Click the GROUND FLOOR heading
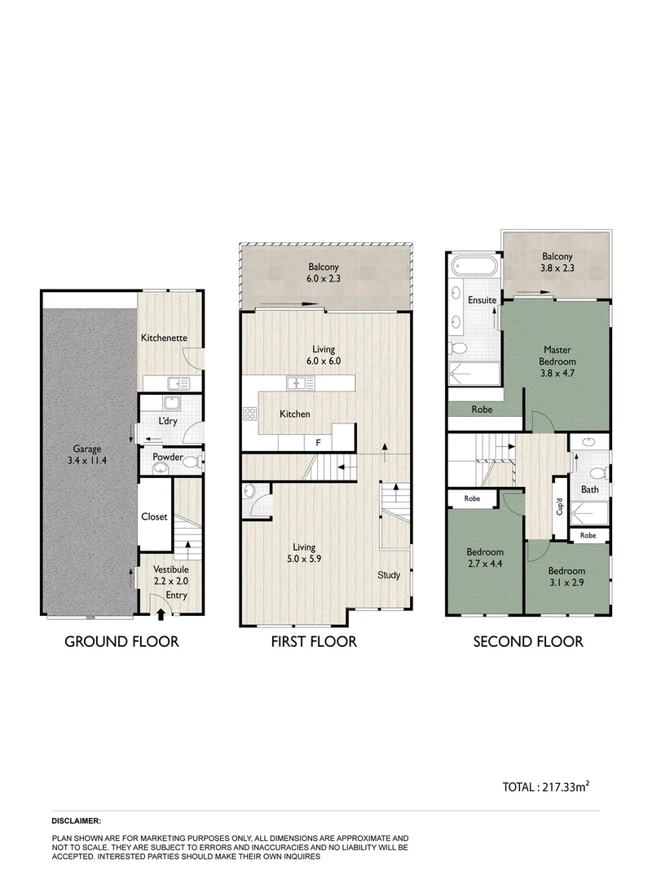(x=121, y=641)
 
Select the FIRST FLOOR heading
(x=314, y=641)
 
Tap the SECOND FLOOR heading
(x=528, y=641)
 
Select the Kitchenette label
(x=165, y=337)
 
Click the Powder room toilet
(x=190, y=462)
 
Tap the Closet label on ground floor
(x=153, y=516)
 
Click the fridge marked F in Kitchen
(x=318, y=441)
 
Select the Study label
(x=389, y=575)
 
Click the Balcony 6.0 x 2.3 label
(x=324, y=273)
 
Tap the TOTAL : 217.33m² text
(x=545, y=786)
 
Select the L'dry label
(x=169, y=421)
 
